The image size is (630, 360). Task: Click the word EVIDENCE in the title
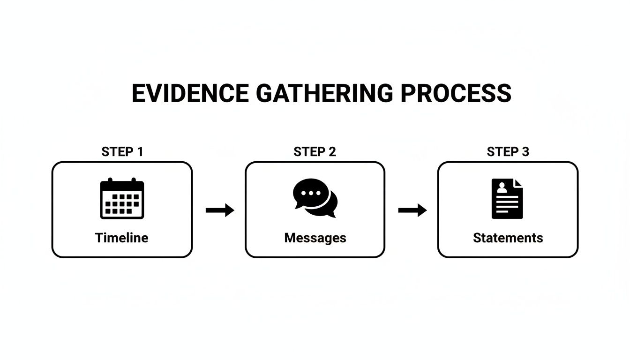click(190, 93)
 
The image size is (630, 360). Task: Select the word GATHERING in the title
click(324, 93)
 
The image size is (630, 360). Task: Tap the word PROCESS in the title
click(456, 93)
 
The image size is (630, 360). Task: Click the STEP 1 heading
click(122, 152)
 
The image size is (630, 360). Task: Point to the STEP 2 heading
click(315, 152)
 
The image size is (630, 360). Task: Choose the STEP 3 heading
click(508, 152)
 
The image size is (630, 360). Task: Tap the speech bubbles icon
click(315, 198)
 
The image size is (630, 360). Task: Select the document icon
click(507, 198)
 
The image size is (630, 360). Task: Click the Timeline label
click(122, 238)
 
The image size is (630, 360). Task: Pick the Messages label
click(315, 238)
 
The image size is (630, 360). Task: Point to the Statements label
click(508, 238)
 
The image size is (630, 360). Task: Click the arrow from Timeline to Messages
click(220, 210)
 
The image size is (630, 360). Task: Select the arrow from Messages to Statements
click(412, 210)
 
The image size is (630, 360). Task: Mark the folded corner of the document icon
click(518, 183)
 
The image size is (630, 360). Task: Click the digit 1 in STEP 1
click(140, 152)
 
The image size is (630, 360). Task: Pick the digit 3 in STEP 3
click(525, 152)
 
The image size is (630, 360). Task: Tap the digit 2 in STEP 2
click(332, 152)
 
